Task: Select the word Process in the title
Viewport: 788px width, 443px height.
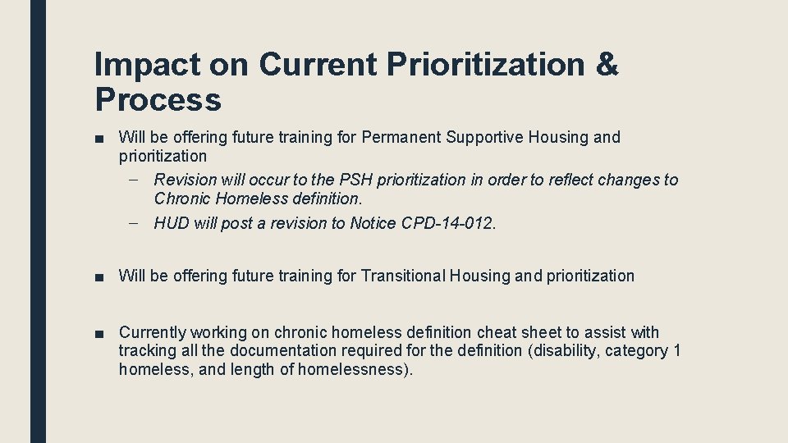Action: tap(158, 100)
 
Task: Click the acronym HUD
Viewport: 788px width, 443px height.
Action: tap(172, 223)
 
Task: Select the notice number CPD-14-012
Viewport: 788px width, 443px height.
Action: tap(447, 223)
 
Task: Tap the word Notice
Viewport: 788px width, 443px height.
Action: tap(374, 223)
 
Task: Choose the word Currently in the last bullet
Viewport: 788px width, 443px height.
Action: tap(153, 332)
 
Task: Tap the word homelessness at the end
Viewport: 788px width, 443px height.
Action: tap(361, 369)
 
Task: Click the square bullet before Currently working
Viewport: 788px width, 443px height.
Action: tap(98, 333)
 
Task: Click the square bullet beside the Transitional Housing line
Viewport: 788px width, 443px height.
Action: tap(98, 276)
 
